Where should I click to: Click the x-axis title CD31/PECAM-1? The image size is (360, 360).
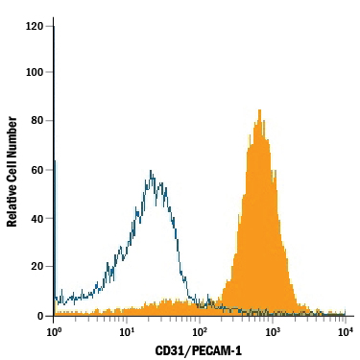point(199,350)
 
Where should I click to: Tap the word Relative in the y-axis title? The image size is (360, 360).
point(12,203)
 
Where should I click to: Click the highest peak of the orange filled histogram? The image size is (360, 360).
point(260,110)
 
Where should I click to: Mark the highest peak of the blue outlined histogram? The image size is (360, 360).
point(152,171)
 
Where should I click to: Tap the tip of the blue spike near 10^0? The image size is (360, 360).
point(54,27)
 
